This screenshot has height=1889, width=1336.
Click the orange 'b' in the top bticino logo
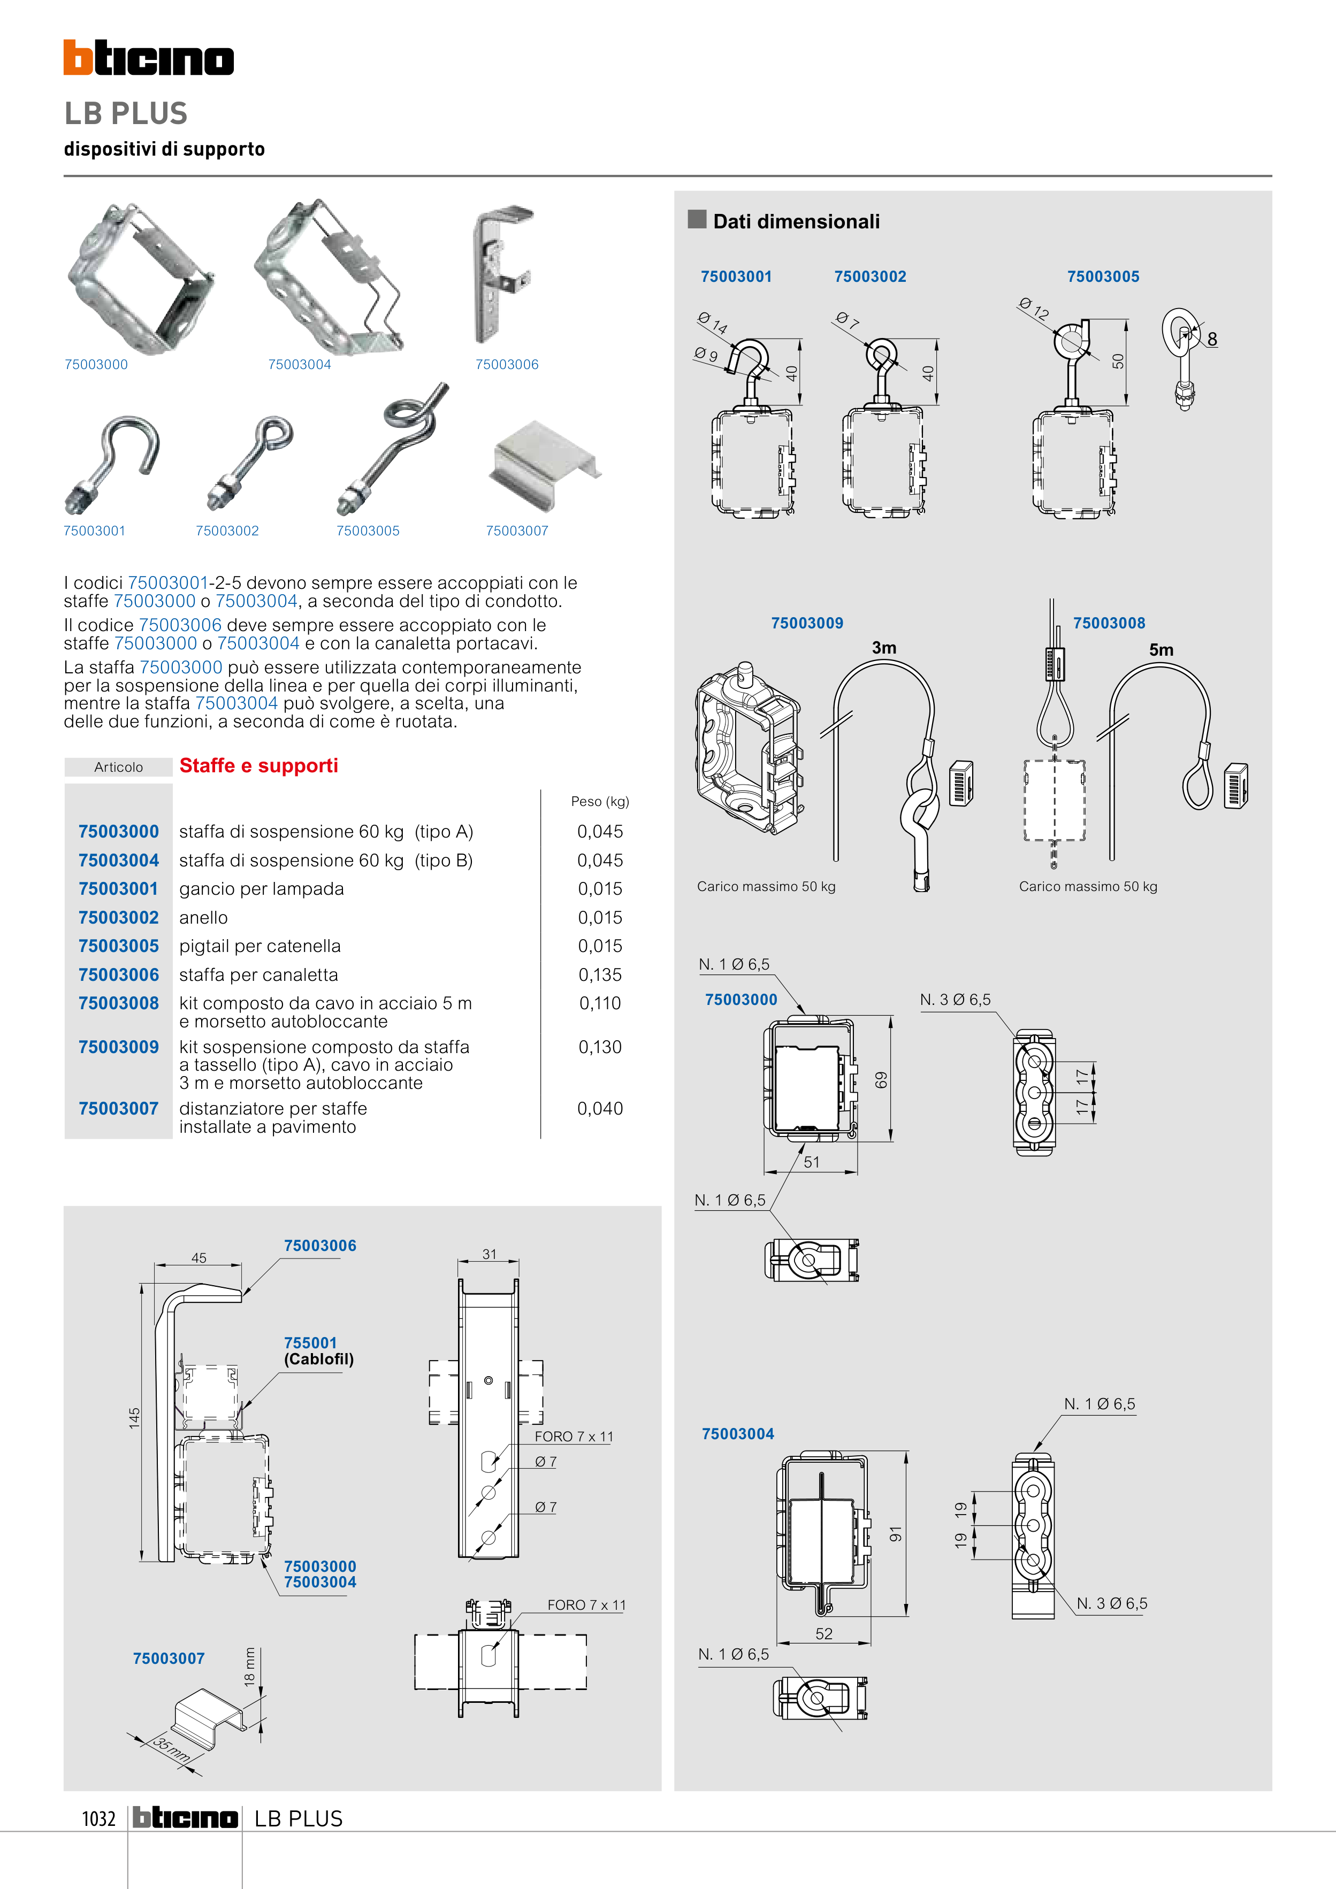tap(78, 58)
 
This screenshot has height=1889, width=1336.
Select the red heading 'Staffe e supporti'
tap(258, 766)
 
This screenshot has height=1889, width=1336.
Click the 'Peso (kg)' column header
tap(599, 801)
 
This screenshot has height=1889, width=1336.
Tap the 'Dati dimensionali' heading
tap(796, 221)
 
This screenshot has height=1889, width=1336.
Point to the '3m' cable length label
tap(884, 648)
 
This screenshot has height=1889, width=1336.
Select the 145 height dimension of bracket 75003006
tap(135, 1418)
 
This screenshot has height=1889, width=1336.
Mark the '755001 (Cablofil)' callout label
tap(318, 1351)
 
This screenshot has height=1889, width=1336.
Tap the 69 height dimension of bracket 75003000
tap(881, 1079)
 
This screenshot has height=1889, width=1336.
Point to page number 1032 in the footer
tap(99, 1819)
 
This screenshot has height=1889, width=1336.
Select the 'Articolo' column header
tap(119, 767)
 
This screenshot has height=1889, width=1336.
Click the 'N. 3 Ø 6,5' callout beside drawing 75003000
tap(955, 1000)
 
